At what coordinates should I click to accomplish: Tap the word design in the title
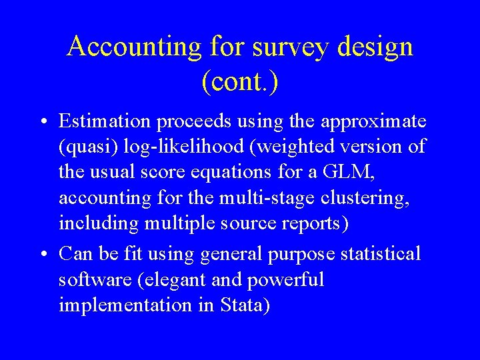point(376,47)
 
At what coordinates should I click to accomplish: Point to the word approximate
point(373,122)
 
